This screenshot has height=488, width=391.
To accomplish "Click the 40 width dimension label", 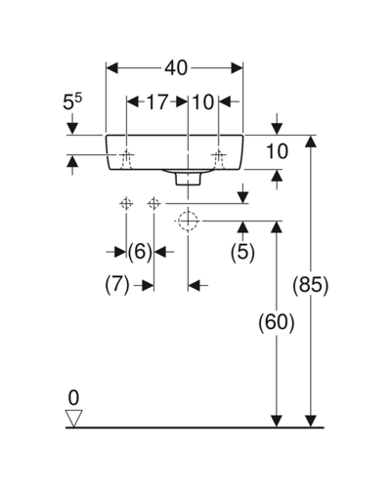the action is click(x=176, y=68).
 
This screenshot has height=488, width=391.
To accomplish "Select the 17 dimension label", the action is click(x=157, y=102).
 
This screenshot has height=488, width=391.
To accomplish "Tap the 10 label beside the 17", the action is click(x=203, y=102).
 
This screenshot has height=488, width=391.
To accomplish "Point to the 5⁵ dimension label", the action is click(x=72, y=102).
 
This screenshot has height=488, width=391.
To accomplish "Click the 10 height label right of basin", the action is click(x=278, y=151).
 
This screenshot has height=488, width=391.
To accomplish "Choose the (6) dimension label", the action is click(x=140, y=252).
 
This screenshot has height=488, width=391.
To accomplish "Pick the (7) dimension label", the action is click(x=117, y=284).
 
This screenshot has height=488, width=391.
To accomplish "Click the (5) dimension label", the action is click(x=242, y=252).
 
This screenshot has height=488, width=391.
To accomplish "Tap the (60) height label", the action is click(x=277, y=322).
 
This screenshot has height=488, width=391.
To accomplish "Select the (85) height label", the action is click(x=311, y=285).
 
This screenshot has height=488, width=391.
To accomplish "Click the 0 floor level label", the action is click(x=74, y=398).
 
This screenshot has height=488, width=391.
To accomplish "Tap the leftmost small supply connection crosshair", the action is click(x=126, y=204).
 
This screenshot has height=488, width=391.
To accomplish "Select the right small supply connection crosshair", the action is click(x=153, y=204).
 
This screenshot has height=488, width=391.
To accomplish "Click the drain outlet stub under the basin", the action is click(x=188, y=179).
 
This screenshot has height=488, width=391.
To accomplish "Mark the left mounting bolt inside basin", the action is click(x=126, y=159).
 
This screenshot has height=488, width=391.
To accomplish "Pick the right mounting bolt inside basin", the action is click(x=219, y=159).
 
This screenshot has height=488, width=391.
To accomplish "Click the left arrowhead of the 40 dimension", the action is click(x=111, y=68).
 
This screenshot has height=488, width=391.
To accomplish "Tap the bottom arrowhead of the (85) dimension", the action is click(x=311, y=421).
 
